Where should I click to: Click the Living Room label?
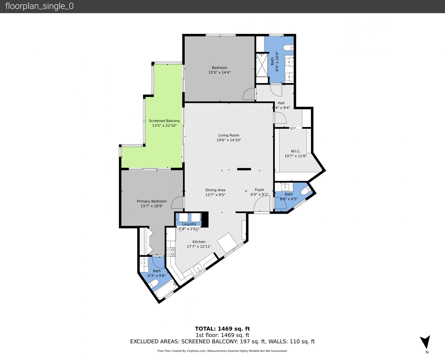229,135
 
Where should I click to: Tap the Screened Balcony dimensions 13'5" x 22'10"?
164,126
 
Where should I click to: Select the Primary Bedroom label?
152,201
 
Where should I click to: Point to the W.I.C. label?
296,151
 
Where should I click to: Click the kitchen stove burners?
171,252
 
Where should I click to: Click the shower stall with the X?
262,65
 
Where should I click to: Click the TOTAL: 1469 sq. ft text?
222,329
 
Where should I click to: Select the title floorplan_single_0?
39,6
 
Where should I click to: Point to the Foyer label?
259,190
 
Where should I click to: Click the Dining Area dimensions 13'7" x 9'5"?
215,195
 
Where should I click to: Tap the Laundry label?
189,224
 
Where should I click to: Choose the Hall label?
281,103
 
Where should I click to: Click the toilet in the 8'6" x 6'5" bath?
306,190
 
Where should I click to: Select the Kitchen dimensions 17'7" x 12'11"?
199,247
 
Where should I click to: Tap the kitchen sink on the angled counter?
198,269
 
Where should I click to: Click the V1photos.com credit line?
222,351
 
